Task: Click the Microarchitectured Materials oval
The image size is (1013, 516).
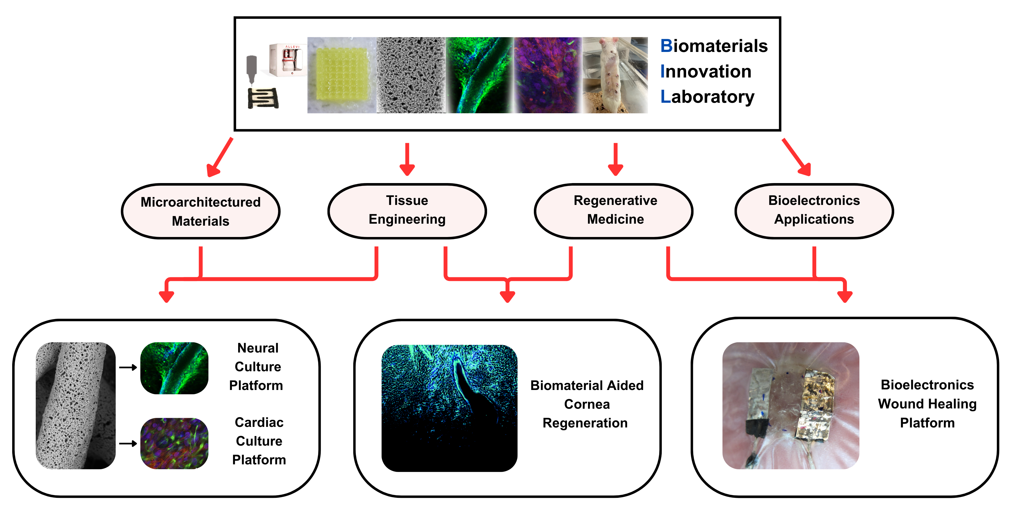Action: pyautogui.click(x=200, y=211)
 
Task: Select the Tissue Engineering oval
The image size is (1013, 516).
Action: pyautogui.click(x=407, y=211)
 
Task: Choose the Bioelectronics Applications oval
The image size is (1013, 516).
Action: pyautogui.click(x=814, y=211)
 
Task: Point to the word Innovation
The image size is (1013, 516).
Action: pyautogui.click(x=706, y=72)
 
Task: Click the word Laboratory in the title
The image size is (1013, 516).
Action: pyautogui.click(x=708, y=97)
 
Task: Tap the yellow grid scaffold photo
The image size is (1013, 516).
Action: pyautogui.click(x=342, y=75)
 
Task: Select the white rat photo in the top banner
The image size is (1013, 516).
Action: pyautogui.click(x=615, y=75)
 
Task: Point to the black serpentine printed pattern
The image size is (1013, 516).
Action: pyautogui.click(x=263, y=98)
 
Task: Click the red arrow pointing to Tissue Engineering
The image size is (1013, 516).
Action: pyautogui.click(x=407, y=160)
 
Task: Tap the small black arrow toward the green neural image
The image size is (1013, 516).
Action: pyautogui.click(x=128, y=367)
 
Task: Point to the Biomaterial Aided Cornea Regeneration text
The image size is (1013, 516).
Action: pyautogui.click(x=586, y=404)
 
